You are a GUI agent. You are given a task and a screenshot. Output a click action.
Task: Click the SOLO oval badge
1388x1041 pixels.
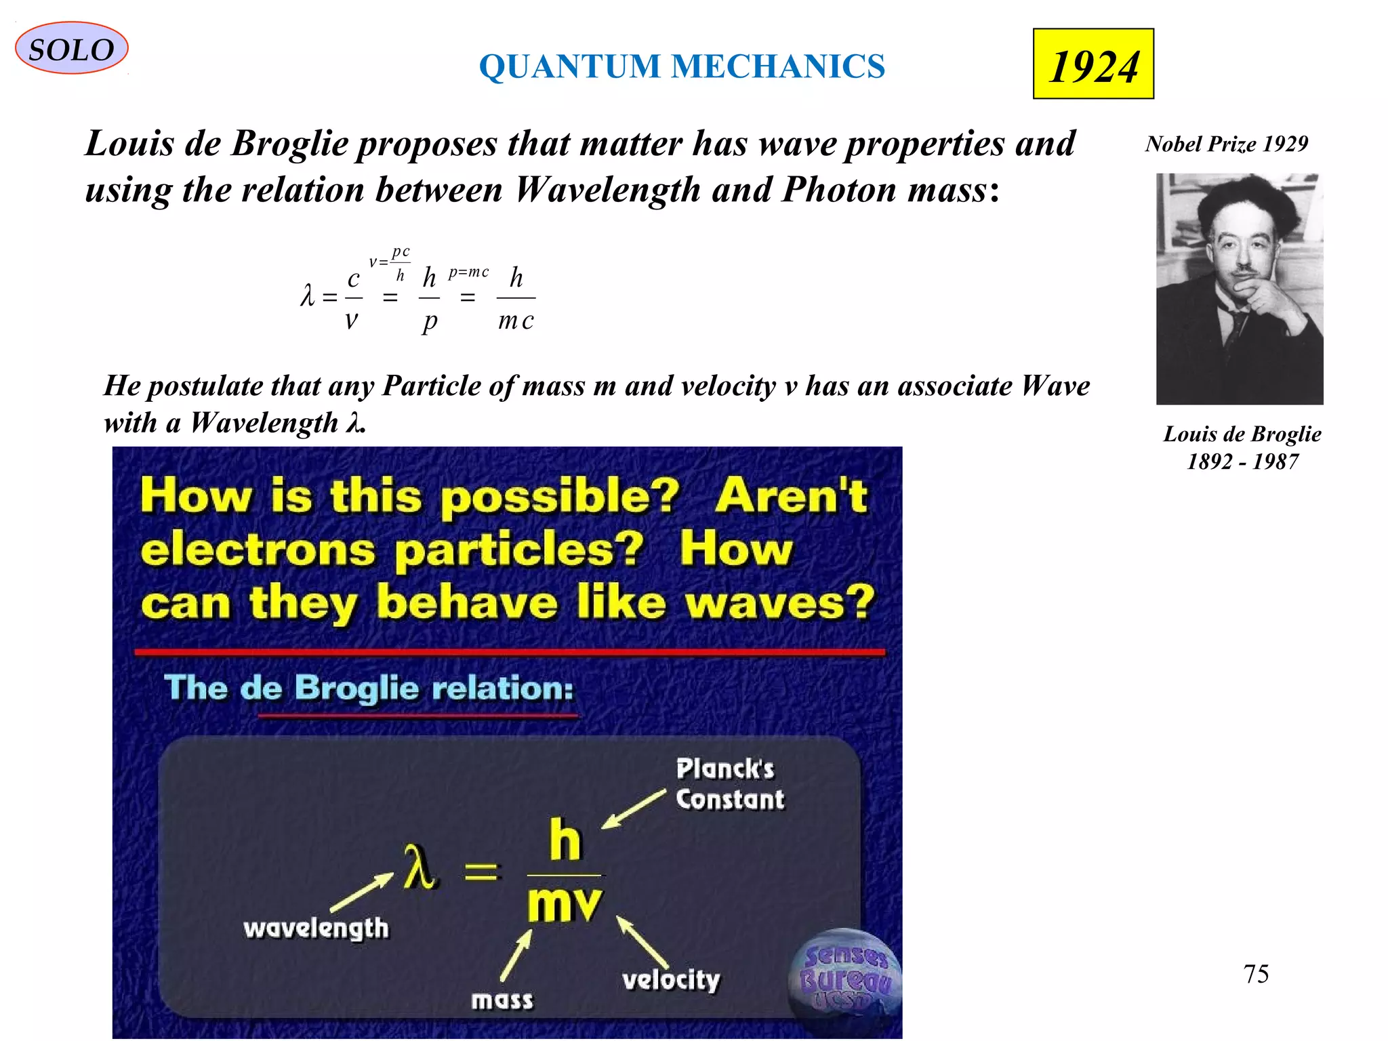(71, 49)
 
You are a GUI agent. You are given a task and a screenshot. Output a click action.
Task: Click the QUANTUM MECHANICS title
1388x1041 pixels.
(682, 66)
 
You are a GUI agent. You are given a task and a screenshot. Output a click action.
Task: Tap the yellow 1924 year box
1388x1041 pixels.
(1093, 64)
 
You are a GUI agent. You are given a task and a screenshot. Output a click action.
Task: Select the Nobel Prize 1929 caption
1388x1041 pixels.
(1226, 144)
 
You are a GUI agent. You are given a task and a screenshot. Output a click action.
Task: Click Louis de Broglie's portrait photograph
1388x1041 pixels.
(1239, 289)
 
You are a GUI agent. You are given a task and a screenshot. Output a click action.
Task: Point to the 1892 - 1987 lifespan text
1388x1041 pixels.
(1242, 462)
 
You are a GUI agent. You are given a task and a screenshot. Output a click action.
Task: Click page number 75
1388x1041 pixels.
(1256, 974)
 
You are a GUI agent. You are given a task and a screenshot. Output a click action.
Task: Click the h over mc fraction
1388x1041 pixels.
(516, 298)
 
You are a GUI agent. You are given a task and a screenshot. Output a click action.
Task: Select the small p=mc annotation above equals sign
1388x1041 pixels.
(468, 272)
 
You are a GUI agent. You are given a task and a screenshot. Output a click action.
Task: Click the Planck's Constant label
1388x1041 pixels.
(729, 784)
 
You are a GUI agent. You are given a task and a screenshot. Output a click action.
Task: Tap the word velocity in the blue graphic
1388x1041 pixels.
(671, 979)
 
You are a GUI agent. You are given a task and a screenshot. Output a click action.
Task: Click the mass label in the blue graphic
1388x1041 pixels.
(502, 1000)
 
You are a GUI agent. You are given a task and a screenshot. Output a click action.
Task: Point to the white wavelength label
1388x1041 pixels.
(316, 928)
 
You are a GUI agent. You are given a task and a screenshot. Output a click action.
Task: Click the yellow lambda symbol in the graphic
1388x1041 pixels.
(419, 867)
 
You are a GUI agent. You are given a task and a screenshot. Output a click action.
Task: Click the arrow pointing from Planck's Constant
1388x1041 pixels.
(633, 809)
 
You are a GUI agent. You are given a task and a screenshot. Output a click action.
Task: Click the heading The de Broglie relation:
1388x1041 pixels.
(369, 688)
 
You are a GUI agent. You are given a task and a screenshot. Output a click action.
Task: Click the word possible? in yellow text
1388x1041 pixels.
(558, 497)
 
